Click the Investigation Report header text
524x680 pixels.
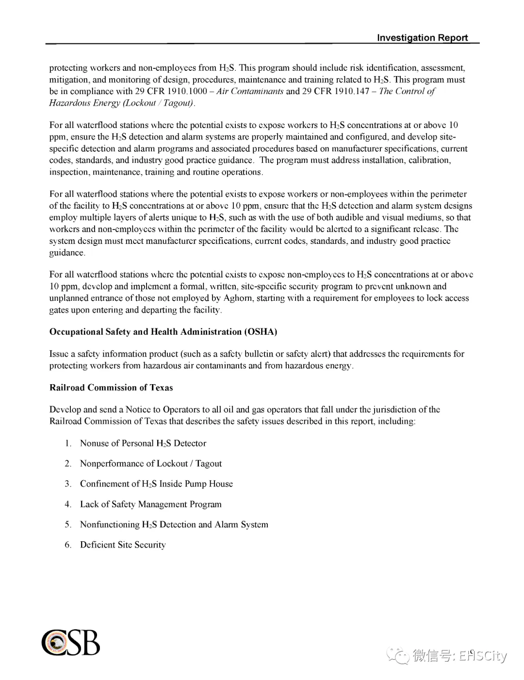(x=422, y=38)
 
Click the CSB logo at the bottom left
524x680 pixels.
(x=71, y=643)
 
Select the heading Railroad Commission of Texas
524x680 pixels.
(x=111, y=388)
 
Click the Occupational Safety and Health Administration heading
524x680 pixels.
(x=163, y=332)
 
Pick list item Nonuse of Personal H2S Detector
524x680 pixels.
(x=143, y=443)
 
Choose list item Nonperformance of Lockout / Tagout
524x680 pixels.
(x=151, y=464)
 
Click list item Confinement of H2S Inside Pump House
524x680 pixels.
(x=156, y=484)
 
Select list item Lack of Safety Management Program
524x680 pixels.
(x=150, y=504)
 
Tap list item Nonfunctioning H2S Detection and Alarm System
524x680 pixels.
(x=174, y=525)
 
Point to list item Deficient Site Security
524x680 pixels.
(x=123, y=545)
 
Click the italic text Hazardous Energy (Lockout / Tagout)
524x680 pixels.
(x=122, y=103)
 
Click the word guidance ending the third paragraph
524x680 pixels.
(x=67, y=253)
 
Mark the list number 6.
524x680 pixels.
(x=68, y=545)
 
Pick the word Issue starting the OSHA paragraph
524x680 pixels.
(x=59, y=354)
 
